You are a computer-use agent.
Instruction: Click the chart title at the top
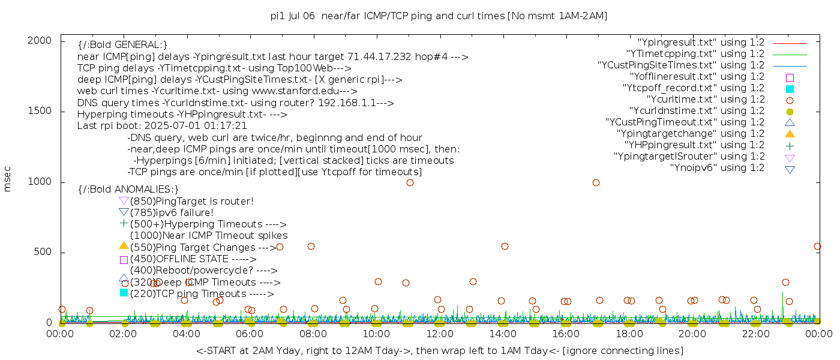(x=439, y=16)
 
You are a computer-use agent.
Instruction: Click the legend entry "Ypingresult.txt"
(x=701, y=43)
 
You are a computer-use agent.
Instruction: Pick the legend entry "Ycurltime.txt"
(x=706, y=100)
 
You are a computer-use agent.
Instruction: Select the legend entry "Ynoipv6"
(x=717, y=168)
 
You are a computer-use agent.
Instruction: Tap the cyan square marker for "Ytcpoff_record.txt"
(x=790, y=89)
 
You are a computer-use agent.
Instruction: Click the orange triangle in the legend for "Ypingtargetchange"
(x=790, y=134)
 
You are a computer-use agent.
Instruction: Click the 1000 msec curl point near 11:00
(x=410, y=182)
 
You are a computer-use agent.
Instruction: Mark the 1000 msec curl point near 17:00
(x=596, y=182)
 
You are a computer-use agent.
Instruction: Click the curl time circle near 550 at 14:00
(x=505, y=246)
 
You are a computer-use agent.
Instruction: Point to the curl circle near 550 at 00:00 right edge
(x=817, y=246)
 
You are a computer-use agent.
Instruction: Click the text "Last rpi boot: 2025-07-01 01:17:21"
(x=162, y=126)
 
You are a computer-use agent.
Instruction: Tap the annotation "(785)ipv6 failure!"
(x=172, y=212)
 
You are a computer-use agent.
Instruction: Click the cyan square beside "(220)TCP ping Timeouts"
(x=124, y=293)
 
